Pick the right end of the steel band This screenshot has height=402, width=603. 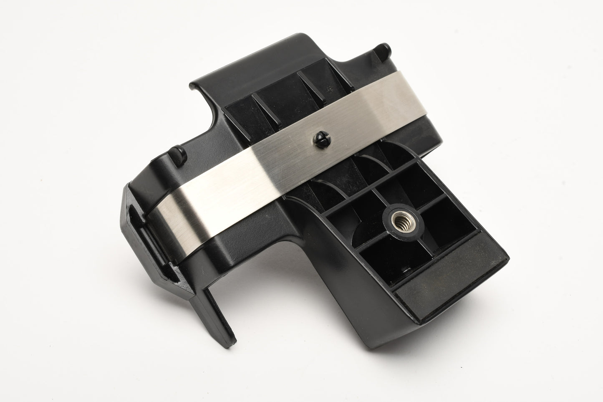419,91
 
